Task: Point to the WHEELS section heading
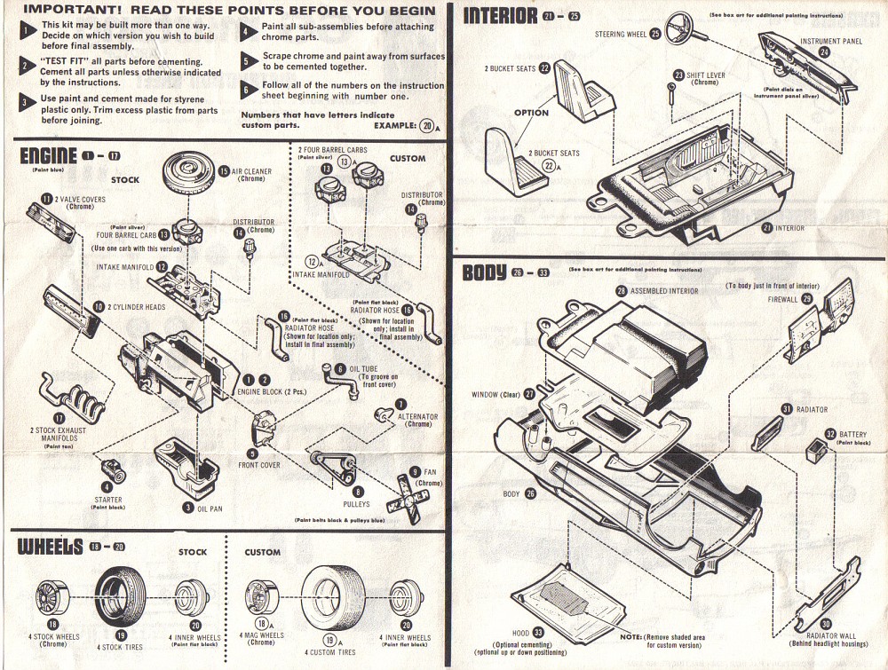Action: coord(49,546)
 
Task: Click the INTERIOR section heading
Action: coord(501,15)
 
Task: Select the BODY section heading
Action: coord(484,272)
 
